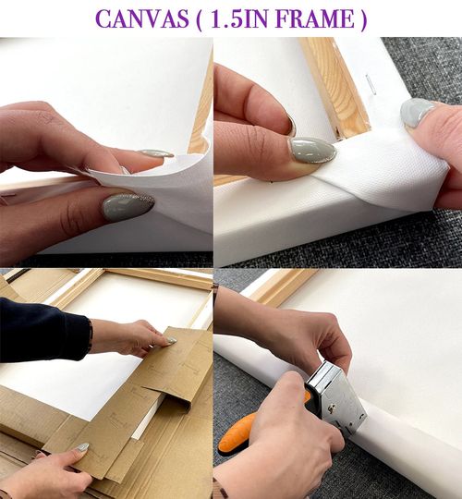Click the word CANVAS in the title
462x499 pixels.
[x=142, y=18]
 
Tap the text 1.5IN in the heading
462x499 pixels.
[x=238, y=18]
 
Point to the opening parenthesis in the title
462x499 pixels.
[x=200, y=19]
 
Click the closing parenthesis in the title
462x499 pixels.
[x=363, y=19]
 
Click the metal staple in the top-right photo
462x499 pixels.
[x=371, y=84]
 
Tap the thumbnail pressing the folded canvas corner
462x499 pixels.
[x=312, y=150]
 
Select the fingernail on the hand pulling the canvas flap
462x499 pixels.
[x=417, y=112]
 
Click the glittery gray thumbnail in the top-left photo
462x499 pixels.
[x=128, y=207]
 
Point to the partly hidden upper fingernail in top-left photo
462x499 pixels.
[x=157, y=153]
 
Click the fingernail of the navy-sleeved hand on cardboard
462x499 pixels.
[x=172, y=341]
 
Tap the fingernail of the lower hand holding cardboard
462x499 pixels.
[x=81, y=448]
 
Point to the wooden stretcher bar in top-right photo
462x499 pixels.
[x=335, y=88]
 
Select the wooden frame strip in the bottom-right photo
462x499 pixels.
[x=278, y=288]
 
